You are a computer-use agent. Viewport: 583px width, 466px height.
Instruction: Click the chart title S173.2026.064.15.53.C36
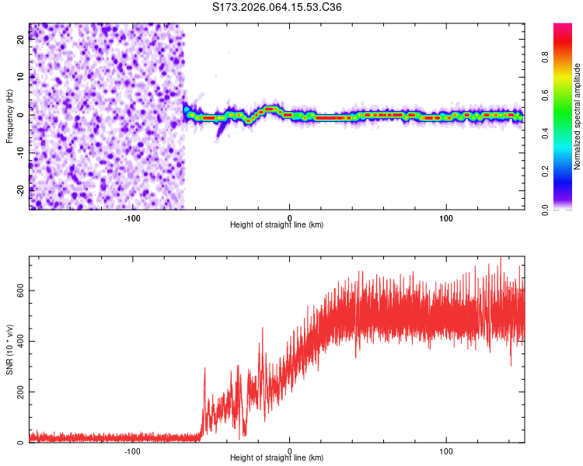278,8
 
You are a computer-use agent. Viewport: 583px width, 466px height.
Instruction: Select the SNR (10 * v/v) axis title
9,351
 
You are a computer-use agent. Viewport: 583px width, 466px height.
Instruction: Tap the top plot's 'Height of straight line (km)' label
277,224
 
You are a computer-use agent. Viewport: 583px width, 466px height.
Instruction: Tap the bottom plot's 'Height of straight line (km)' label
277,457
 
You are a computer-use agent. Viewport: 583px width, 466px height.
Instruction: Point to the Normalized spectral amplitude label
577,116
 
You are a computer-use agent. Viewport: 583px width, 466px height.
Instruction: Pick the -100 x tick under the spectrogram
132,217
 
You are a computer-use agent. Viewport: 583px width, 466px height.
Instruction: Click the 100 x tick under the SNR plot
446,450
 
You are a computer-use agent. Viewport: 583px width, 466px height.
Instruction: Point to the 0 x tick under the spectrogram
289,217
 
